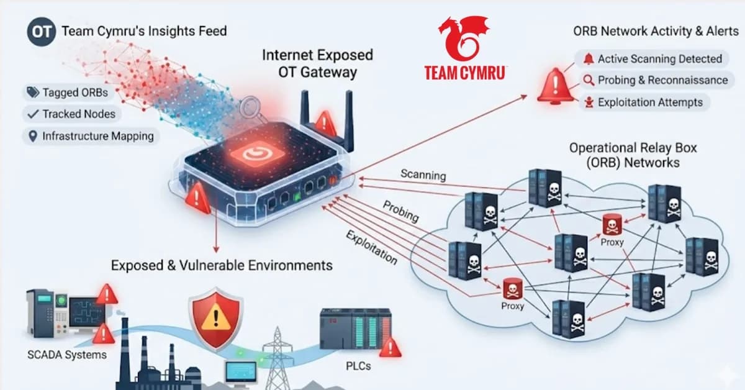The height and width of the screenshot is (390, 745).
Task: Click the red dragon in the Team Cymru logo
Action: [463, 38]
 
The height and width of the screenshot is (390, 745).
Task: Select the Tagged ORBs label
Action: [68, 93]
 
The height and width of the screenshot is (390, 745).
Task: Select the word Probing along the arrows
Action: [400, 211]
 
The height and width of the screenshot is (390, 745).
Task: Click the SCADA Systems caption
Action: [67, 355]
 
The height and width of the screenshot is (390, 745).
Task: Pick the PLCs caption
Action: [358, 366]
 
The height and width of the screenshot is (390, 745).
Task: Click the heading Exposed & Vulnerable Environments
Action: [222, 266]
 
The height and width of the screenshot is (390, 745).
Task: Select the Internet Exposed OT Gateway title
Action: [317, 63]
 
